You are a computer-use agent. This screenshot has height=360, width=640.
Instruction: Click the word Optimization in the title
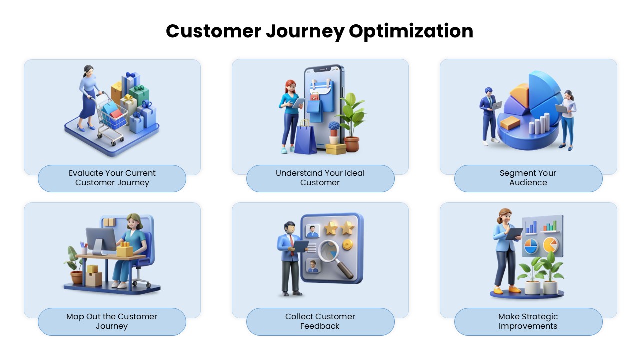point(411,31)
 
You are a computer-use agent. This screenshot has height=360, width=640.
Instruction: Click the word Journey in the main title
point(305,31)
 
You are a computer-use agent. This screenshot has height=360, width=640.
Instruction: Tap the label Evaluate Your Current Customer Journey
point(112,178)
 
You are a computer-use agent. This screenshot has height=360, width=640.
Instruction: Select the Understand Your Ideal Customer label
point(320,178)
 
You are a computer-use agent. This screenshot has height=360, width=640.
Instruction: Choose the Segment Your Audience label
point(528,178)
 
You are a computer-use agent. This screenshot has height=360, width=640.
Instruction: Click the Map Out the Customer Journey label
point(112,321)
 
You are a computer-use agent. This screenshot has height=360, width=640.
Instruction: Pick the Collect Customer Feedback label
point(320,321)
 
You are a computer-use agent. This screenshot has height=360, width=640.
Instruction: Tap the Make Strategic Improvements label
point(528,321)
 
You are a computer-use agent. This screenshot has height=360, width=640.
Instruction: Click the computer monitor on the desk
point(100,240)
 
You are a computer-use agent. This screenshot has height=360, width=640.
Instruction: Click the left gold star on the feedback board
point(331,229)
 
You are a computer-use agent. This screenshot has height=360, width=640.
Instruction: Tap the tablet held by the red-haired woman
point(299,103)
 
